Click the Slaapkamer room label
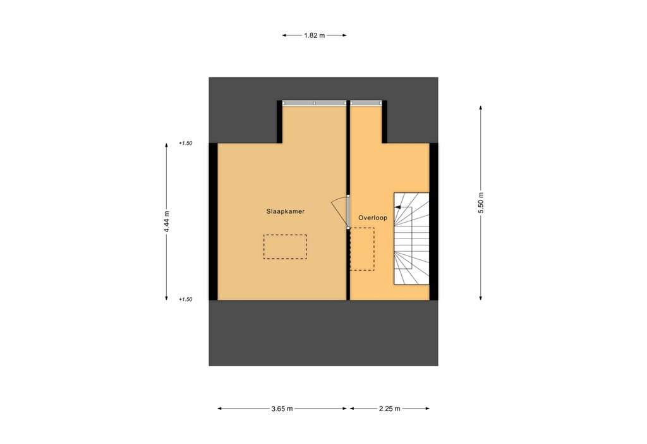click(286, 213)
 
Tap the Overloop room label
click(372, 218)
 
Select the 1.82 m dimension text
click(314, 35)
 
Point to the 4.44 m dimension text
click(167, 221)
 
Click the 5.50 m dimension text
click(481, 202)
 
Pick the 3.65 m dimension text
click(282, 409)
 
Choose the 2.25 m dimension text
click(389, 409)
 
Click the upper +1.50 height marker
click(185, 144)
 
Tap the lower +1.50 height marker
click(185, 300)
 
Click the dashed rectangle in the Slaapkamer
click(285, 247)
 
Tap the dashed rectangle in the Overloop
click(362, 249)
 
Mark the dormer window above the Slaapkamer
click(314, 102)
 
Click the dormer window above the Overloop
click(366, 102)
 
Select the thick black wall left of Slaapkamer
click(213, 221)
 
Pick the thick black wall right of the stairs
click(434, 221)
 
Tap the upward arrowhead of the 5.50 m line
click(481, 108)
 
